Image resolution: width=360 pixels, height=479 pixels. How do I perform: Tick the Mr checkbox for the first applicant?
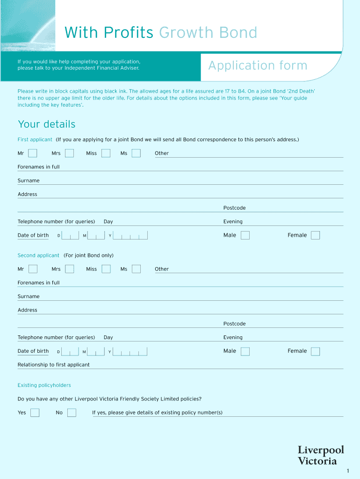(33, 153)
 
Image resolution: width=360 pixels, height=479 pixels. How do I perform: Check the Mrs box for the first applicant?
(69, 153)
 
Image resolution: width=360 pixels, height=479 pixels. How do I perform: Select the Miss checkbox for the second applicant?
(106, 269)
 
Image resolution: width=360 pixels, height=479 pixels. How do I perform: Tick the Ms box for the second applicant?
(136, 269)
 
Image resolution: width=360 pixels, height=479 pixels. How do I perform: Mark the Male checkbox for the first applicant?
(245, 235)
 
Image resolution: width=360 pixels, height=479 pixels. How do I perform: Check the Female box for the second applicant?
(316, 351)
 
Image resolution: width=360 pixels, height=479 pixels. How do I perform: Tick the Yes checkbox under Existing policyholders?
(35, 413)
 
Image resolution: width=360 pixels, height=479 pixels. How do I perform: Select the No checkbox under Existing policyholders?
(72, 413)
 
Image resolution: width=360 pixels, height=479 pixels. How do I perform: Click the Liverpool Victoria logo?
(321, 455)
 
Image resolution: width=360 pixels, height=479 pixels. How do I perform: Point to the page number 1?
(348, 471)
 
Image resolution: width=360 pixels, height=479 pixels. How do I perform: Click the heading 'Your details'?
(46, 124)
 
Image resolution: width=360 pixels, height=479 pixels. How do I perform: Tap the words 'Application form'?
(258, 65)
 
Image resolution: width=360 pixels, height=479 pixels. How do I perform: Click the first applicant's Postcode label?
(234, 208)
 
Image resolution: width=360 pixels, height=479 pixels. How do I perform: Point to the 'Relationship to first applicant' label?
(53, 365)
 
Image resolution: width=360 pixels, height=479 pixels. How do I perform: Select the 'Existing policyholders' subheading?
(44, 385)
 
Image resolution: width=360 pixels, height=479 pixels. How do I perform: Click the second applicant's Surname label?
(29, 297)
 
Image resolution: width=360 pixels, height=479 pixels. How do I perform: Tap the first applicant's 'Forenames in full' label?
(38, 167)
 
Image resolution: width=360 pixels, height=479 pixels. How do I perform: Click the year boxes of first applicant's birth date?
(130, 236)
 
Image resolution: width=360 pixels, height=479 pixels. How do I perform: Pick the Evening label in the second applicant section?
(233, 338)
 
